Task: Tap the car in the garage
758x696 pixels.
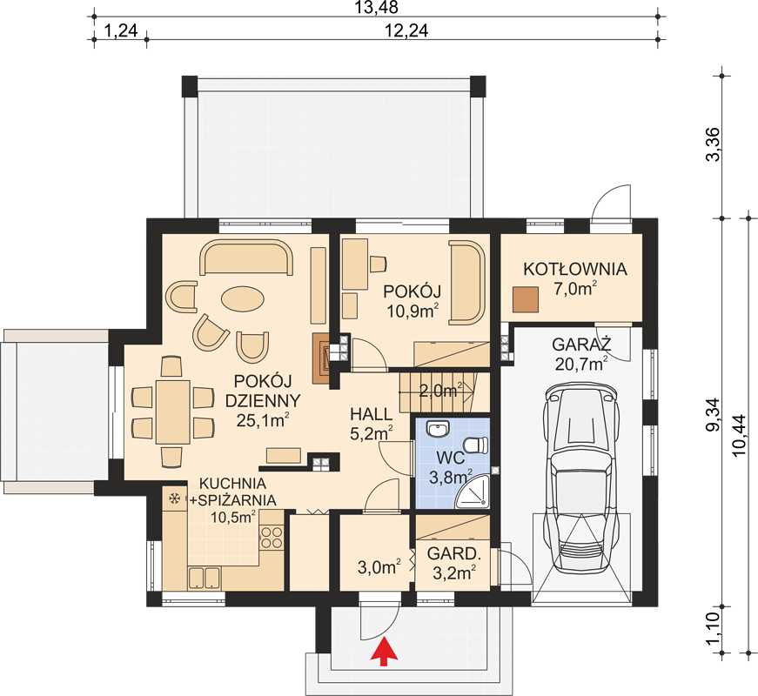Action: click(x=580, y=476)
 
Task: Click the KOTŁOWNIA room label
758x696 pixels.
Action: click(x=575, y=269)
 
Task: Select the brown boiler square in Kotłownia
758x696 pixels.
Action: click(x=526, y=299)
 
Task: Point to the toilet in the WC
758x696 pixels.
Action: click(x=476, y=445)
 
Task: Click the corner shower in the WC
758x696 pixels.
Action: click(x=473, y=492)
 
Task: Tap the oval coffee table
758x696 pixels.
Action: click(x=243, y=298)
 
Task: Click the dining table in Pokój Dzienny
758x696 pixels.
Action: click(x=172, y=412)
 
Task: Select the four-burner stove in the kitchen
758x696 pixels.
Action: click(x=272, y=538)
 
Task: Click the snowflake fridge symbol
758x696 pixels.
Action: click(x=174, y=498)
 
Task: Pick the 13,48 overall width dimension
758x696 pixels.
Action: click(x=377, y=8)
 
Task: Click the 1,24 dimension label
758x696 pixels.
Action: click(x=121, y=31)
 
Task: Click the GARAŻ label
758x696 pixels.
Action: click(x=581, y=345)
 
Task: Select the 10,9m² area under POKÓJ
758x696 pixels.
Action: click(x=413, y=311)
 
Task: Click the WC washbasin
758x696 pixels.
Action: click(x=439, y=428)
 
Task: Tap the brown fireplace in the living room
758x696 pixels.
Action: click(x=322, y=358)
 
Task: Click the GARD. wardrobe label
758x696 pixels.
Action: click(x=454, y=554)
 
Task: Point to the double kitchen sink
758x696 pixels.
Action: click(x=204, y=578)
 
